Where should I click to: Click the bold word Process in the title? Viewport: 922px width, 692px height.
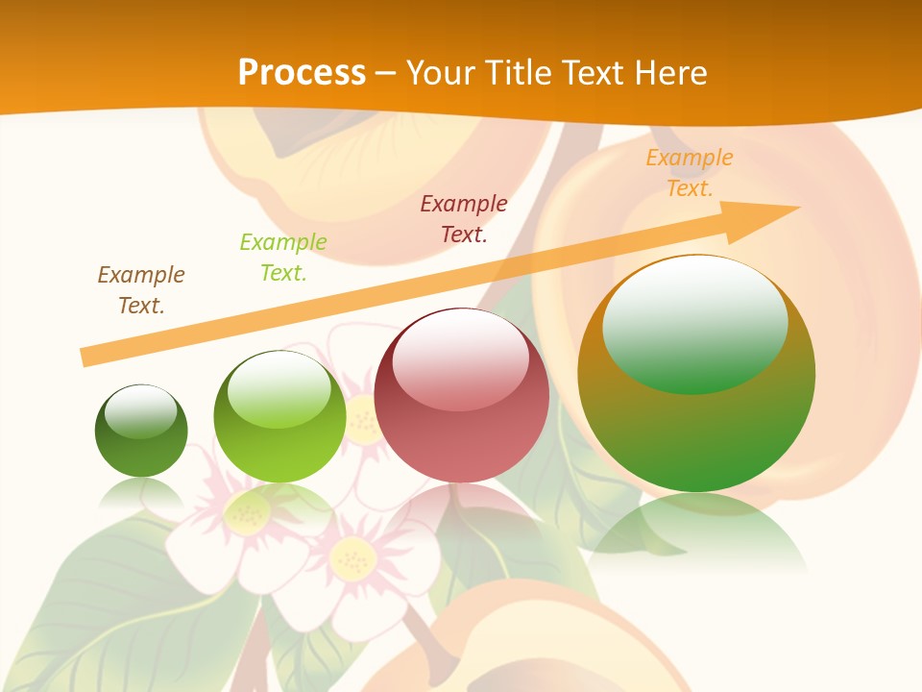(302, 72)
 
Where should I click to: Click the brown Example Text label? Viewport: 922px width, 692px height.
(141, 289)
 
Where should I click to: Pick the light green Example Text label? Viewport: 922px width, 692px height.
(283, 258)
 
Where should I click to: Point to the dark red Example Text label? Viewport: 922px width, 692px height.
(464, 218)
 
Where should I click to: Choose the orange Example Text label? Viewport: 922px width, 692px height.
(690, 173)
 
